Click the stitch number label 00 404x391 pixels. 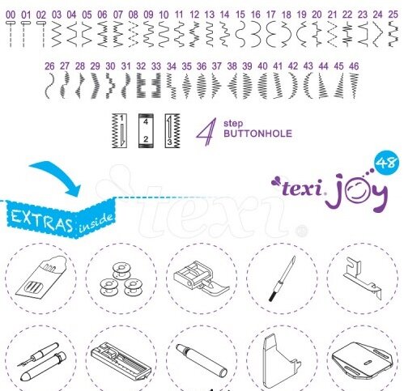(11, 15)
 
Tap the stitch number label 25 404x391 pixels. (393, 15)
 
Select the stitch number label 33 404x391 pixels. (156, 66)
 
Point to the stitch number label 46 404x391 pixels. (354, 66)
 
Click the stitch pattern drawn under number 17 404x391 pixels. (270, 34)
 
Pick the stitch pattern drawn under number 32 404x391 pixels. (141, 85)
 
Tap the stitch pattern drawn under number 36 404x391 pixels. (202, 86)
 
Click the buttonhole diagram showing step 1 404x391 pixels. (119, 130)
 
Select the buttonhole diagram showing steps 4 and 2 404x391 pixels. (146, 130)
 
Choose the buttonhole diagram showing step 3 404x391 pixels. (172, 130)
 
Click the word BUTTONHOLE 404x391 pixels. (257, 134)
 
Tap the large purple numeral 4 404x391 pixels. (206, 132)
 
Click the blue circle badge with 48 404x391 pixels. (386, 163)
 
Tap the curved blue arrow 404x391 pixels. (58, 176)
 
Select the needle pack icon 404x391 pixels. (41, 278)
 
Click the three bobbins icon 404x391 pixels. (121, 280)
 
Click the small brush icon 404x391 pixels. (282, 278)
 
